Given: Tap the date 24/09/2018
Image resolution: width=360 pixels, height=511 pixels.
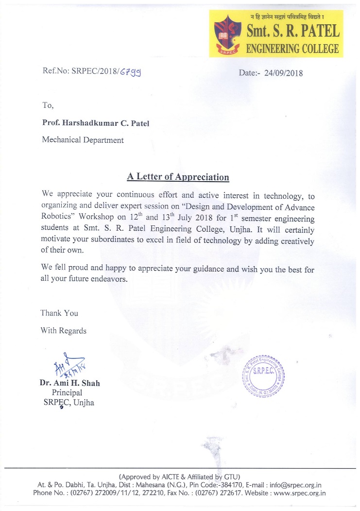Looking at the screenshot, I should [284, 73].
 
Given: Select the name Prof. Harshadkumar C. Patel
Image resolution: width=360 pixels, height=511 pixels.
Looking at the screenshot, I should [96, 123].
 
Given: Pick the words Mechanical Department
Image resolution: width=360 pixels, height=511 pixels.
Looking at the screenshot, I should [83, 140].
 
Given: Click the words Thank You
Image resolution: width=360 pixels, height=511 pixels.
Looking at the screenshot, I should [59, 313].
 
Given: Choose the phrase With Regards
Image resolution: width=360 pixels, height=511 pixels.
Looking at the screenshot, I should [64, 331].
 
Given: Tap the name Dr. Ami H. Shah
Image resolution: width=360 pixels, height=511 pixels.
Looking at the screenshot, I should [69, 383].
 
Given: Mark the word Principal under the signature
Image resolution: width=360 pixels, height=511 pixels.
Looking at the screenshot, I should [67, 392].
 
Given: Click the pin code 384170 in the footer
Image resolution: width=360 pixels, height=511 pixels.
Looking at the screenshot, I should [227, 485].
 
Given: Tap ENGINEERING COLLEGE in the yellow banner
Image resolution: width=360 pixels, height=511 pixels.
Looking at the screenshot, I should [292, 49].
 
